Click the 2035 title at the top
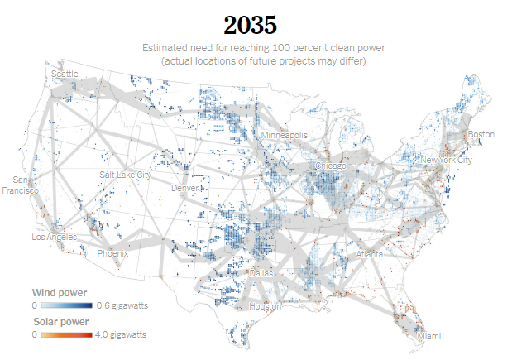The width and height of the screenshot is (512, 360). [x=255, y=24]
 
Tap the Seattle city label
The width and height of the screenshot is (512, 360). [x=65, y=74]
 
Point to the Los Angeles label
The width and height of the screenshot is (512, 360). [x=54, y=237]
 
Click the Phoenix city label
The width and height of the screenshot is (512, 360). [x=112, y=254]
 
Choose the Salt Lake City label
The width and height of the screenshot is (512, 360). [x=126, y=175]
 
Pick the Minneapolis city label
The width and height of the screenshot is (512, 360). [x=284, y=135]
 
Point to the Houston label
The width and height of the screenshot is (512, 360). [x=266, y=306]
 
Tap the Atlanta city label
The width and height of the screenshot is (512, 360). [x=370, y=256]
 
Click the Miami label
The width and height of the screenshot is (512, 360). [x=429, y=337]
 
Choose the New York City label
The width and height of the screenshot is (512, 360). [x=446, y=160]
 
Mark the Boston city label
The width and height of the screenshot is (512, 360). [x=481, y=134]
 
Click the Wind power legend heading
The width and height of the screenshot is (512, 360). [x=60, y=293]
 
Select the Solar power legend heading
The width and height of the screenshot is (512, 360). [x=61, y=321]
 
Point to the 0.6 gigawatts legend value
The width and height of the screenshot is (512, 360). [x=122, y=306]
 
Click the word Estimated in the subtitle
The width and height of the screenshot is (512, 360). [x=165, y=48]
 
